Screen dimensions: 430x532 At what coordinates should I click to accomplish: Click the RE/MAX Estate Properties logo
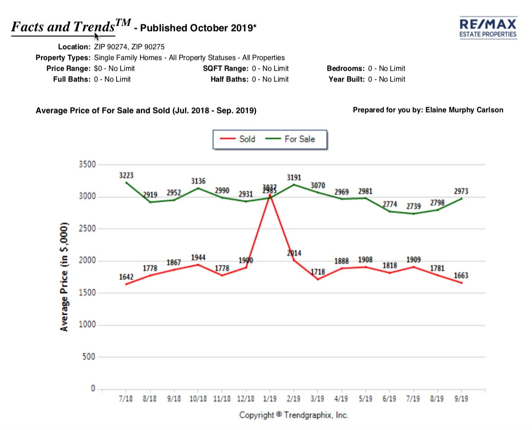click(488, 28)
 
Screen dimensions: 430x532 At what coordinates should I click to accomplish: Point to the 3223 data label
click(126, 175)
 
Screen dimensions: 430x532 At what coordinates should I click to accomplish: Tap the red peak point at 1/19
click(270, 195)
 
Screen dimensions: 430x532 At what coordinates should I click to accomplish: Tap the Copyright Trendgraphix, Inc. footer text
click(293, 415)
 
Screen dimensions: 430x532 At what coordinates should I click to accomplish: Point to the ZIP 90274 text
click(110, 47)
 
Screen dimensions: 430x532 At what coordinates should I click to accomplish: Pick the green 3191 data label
click(294, 177)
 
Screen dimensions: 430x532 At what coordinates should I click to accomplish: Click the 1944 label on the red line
click(198, 258)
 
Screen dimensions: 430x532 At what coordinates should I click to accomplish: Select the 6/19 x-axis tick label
click(389, 399)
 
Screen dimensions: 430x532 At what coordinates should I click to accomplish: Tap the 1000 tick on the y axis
click(89, 325)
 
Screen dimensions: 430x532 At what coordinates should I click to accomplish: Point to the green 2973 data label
click(460, 191)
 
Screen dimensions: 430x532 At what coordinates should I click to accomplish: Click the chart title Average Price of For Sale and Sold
click(146, 110)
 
